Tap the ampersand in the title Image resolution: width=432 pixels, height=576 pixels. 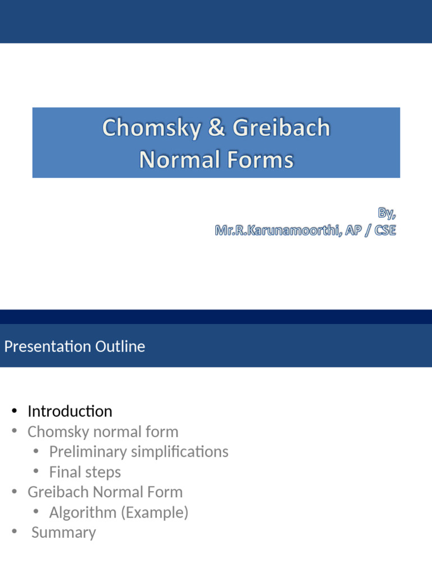pyautogui.click(x=216, y=128)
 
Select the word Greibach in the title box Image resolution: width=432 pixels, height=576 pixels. pyautogui.click(x=281, y=128)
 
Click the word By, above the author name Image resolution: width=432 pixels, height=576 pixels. pyautogui.click(x=387, y=213)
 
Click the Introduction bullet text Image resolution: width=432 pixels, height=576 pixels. pyautogui.click(x=70, y=411)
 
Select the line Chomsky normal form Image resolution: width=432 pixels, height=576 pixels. pyautogui.click(x=103, y=432)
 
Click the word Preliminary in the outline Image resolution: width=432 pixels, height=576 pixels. pyautogui.click(x=87, y=452)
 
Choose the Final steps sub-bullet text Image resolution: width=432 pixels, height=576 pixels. pyautogui.click(x=85, y=472)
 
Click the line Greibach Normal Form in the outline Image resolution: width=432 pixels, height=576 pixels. pyautogui.click(x=105, y=492)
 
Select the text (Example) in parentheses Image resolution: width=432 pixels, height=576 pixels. pyautogui.click(x=156, y=512)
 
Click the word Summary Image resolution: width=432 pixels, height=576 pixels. pyautogui.click(x=64, y=533)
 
